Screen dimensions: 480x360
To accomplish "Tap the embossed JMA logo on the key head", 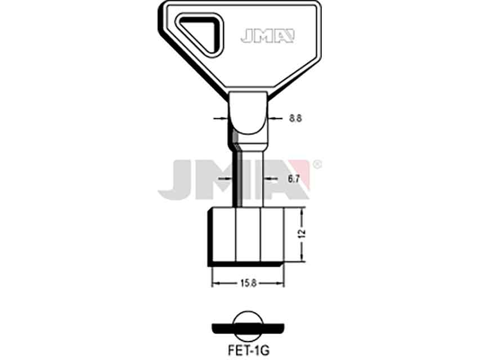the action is click(267, 36).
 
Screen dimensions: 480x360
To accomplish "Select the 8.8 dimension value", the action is click(295, 118).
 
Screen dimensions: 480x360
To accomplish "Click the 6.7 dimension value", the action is click(293, 179).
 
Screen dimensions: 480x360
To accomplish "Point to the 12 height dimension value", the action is click(302, 234).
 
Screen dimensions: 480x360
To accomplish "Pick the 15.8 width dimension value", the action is click(248, 283).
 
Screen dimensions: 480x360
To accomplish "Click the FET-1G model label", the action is click(248, 350).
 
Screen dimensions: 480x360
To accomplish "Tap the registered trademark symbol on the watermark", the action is click(318, 165).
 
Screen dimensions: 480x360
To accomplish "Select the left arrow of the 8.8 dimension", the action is click(221, 118).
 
